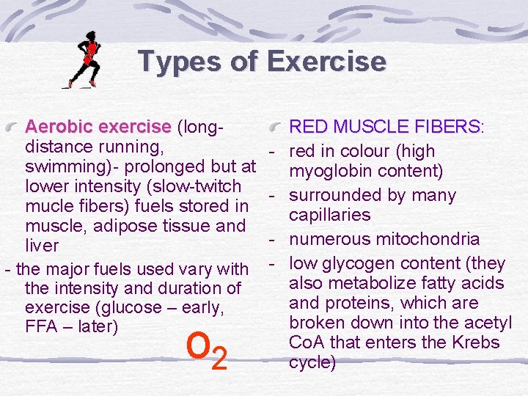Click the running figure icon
pos(83,59)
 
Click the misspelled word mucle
pos(51,205)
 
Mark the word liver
pos(42,245)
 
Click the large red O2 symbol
pos(206,351)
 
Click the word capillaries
pos(329,216)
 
